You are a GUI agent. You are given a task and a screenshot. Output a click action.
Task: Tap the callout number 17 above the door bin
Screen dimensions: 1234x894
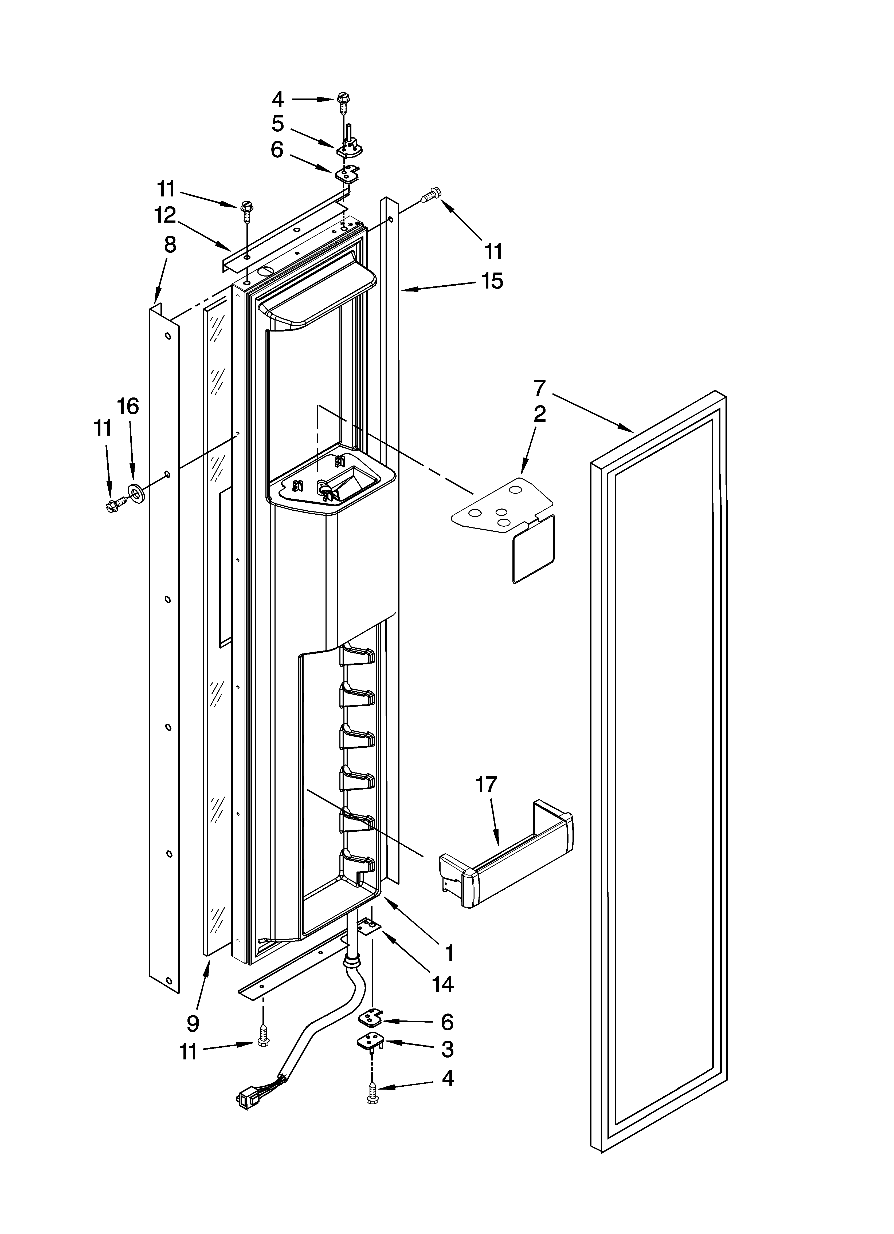pyautogui.click(x=486, y=785)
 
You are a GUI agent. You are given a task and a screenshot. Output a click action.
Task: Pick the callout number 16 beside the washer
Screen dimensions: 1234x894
pyautogui.click(x=129, y=407)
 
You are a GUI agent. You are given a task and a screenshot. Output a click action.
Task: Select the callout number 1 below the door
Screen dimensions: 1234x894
pyautogui.click(x=449, y=953)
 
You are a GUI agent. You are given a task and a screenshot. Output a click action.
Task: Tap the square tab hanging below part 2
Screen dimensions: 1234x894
pyautogui.click(x=534, y=550)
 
